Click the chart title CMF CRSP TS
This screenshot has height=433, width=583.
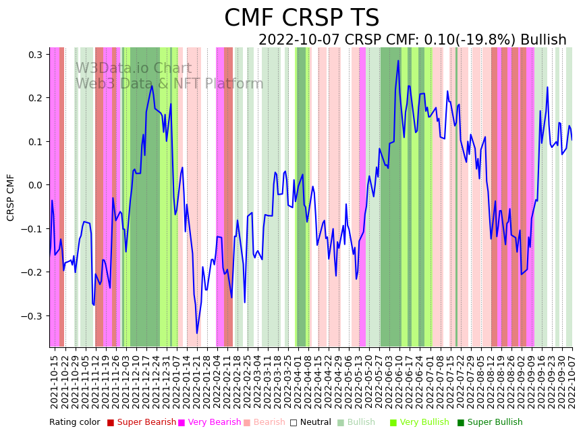coord(302,18)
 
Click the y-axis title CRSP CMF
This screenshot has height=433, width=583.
coord(11,197)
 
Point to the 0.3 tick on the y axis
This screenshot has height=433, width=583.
coord(34,54)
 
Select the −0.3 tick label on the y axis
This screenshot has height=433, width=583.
coord(32,315)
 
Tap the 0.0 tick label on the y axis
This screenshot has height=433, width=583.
coord(34,185)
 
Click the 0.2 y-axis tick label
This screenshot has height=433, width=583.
coord(34,98)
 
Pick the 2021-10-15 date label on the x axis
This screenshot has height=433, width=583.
coord(55,382)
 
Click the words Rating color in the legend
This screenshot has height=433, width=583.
coord(74,423)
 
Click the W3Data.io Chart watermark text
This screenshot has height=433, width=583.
coord(133,69)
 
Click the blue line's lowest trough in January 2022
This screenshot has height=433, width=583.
coord(197,333)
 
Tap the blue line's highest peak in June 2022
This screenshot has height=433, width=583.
coord(398,61)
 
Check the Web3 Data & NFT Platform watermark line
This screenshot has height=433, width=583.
coord(169,84)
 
